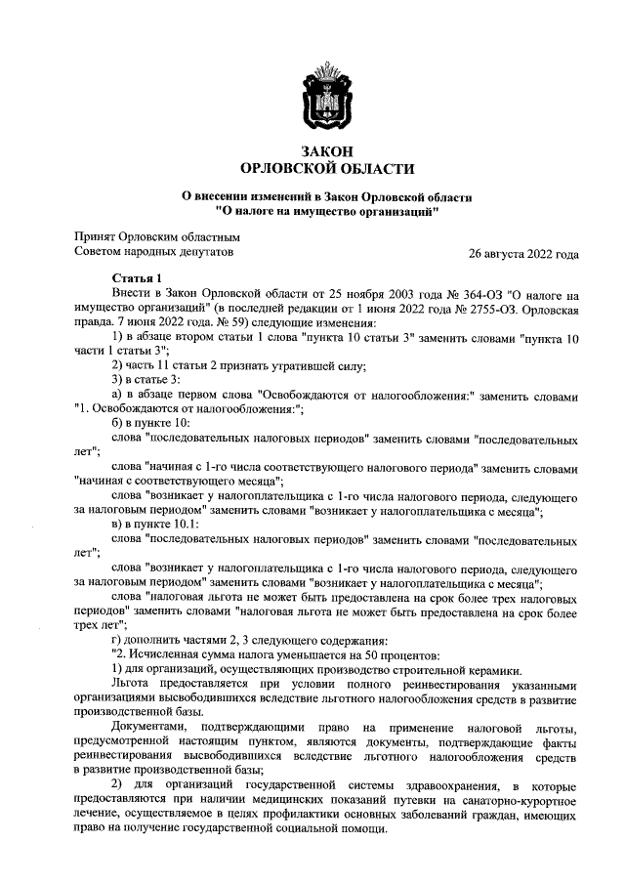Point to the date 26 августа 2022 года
pos(523,255)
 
